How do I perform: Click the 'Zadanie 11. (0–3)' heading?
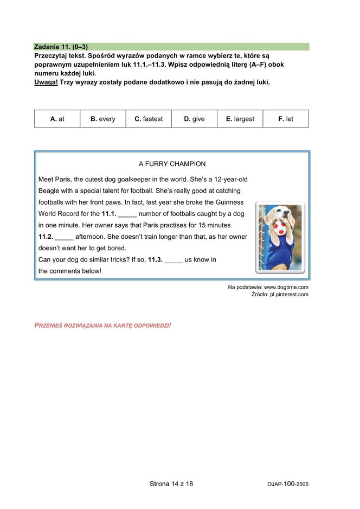pos(61,47)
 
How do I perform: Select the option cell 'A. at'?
pos(57,119)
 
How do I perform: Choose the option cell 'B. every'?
pos(102,119)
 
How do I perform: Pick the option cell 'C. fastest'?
pos(149,119)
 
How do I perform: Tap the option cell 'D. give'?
pos(194,119)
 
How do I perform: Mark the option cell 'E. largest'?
pos(240,119)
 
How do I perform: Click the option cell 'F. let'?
pos(286,119)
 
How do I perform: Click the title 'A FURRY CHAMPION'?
pos(172,164)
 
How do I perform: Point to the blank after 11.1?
pos(127,214)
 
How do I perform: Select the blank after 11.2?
pos(64,237)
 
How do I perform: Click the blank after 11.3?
pos(173,260)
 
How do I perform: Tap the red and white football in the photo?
pos(280,227)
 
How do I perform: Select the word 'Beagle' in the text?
pos(49,191)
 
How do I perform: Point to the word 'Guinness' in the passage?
pos(230,202)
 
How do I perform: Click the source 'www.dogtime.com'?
pos(286,287)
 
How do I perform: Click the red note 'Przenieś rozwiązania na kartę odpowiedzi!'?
pos(102,325)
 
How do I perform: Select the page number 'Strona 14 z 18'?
pos(171,483)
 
